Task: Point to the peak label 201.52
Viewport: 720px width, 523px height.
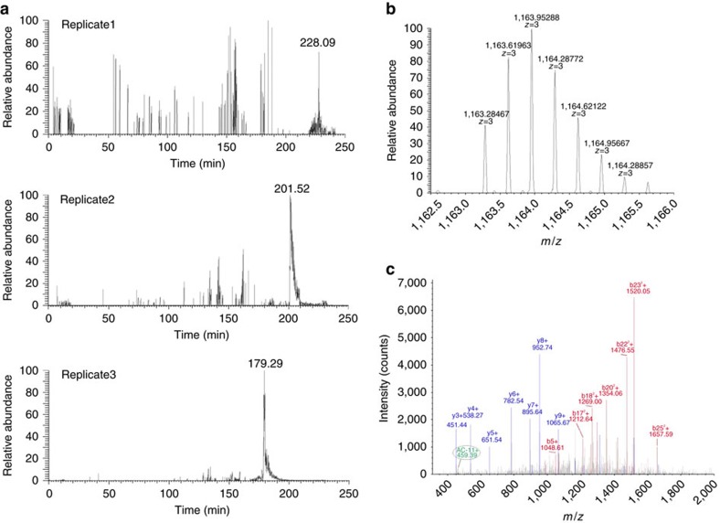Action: click(292, 188)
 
